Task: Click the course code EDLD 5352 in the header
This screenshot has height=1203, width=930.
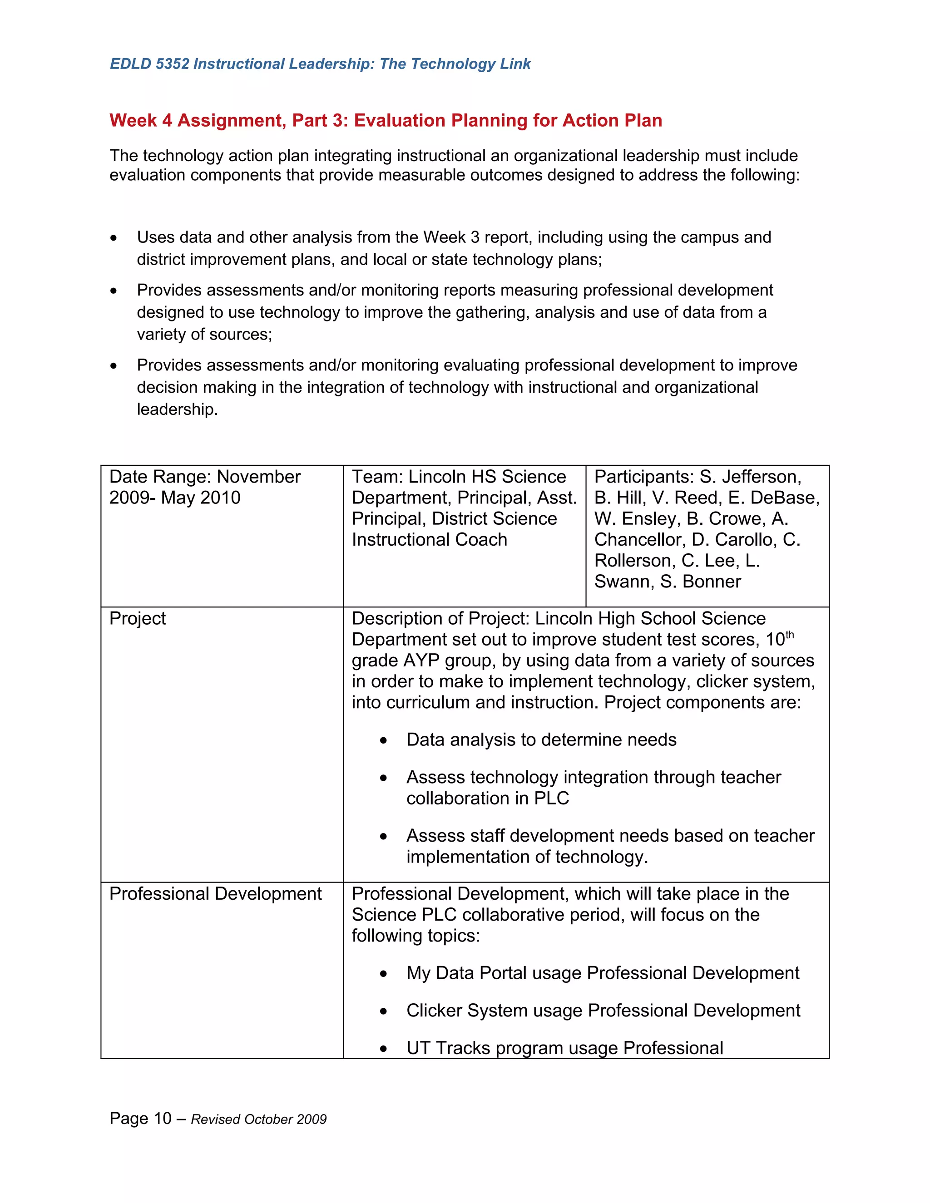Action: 149,64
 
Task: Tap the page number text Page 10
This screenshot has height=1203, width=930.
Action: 140,1118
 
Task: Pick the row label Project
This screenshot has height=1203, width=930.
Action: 137,619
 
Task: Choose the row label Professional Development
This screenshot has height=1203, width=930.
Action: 215,893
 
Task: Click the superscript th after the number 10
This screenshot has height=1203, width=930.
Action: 790,635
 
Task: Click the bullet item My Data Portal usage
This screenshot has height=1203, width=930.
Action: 602,973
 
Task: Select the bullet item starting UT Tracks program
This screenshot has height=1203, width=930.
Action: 564,1048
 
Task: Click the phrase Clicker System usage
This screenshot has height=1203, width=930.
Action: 494,1010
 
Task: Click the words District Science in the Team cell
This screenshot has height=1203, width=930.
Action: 494,519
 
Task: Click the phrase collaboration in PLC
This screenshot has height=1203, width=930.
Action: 487,798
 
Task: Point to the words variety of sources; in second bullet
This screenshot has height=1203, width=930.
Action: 204,335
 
